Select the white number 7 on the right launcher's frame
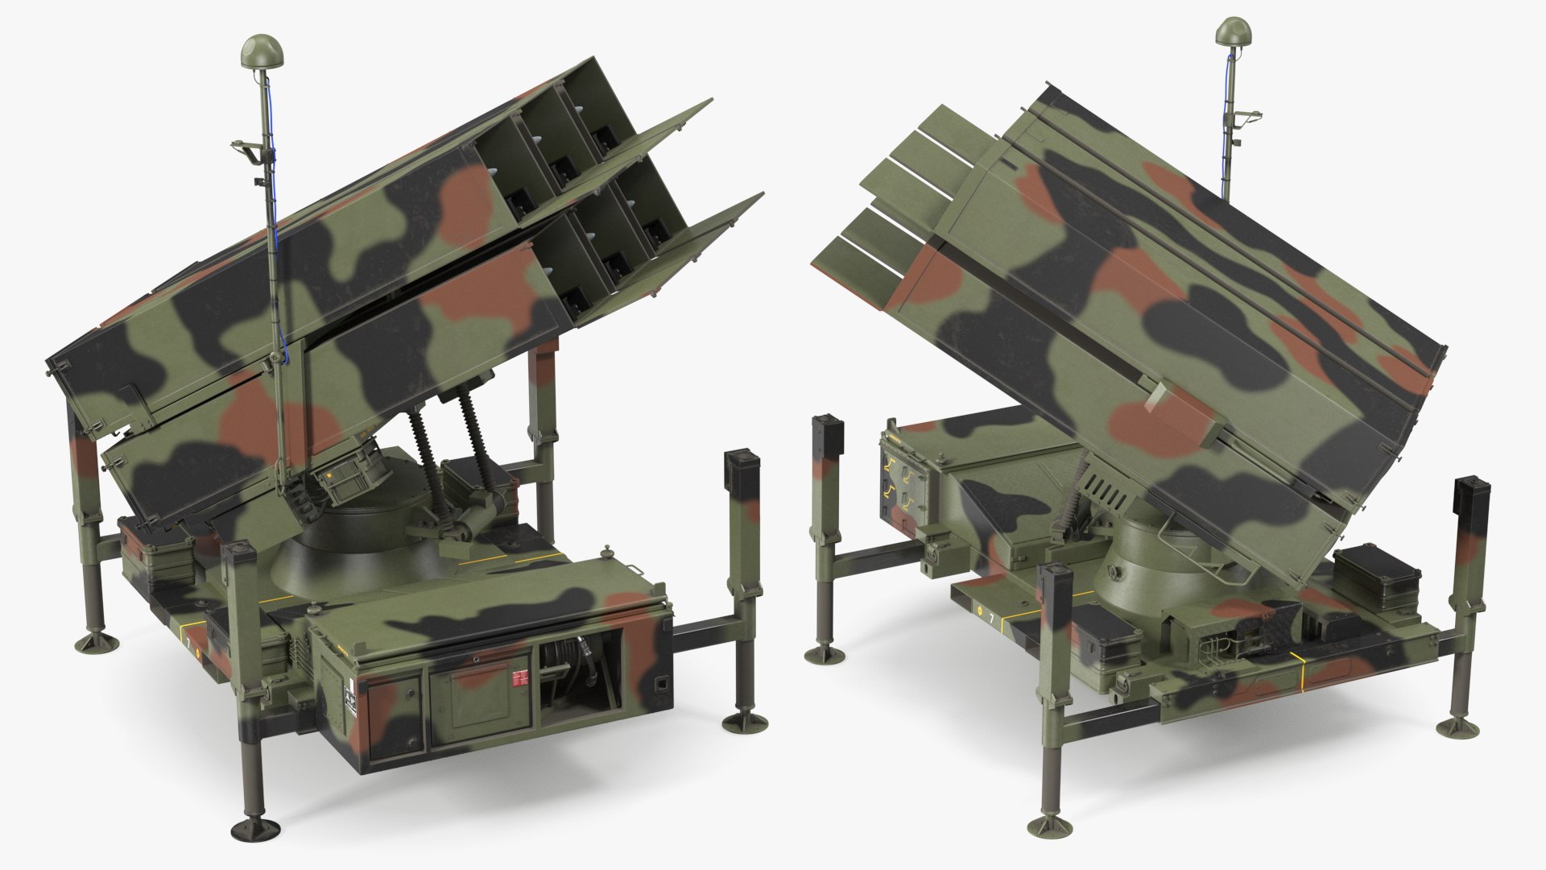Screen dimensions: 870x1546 991,618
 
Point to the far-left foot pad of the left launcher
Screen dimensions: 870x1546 96,641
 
